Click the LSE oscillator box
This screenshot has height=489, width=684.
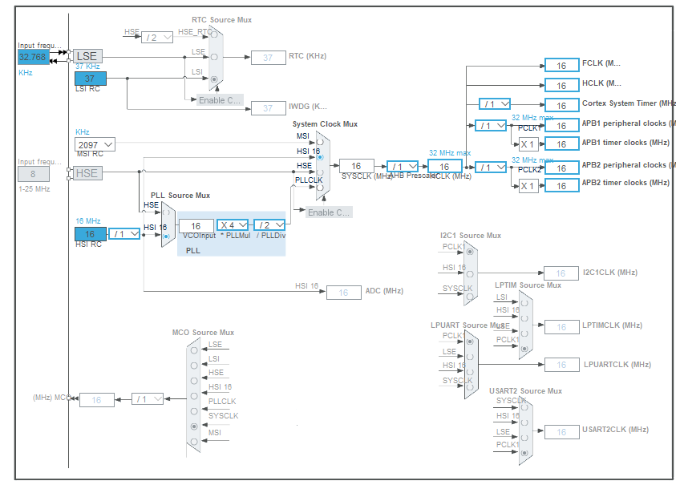(88, 56)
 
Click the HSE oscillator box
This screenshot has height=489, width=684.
(88, 173)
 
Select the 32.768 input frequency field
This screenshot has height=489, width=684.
(34, 58)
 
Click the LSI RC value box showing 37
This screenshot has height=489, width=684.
(90, 79)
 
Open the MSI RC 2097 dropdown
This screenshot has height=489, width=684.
(95, 144)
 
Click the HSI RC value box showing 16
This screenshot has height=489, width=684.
(90, 234)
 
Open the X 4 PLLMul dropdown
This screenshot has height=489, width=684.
(233, 225)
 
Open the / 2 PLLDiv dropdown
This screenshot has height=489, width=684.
(269, 225)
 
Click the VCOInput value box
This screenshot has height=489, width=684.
(196, 226)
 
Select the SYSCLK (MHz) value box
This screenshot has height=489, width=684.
(356, 166)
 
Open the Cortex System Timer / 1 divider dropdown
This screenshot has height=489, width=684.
(494, 104)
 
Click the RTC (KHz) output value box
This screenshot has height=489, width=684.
(268, 57)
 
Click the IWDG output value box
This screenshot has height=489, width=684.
(268, 108)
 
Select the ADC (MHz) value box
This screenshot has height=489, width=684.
(343, 293)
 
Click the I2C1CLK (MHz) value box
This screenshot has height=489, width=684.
(561, 273)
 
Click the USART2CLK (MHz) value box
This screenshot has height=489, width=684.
(561, 432)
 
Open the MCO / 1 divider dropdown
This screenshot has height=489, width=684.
(148, 398)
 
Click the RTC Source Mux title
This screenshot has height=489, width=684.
(223, 19)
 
